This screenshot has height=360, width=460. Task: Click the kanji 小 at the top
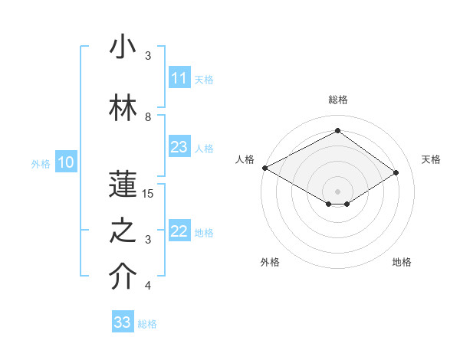pyautogui.click(x=123, y=47)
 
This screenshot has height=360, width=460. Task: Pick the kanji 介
pyautogui.click(x=123, y=278)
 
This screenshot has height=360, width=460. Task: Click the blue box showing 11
pyautogui.click(x=179, y=78)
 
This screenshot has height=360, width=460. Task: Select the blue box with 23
pyautogui.click(x=179, y=147)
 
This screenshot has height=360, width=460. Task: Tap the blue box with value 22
pyautogui.click(x=179, y=232)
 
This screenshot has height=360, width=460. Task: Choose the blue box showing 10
pyautogui.click(x=65, y=162)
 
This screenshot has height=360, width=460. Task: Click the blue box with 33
pyautogui.click(x=123, y=322)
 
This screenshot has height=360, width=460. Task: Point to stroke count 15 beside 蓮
pyautogui.click(x=148, y=194)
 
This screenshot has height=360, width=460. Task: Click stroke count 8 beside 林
pyautogui.click(x=148, y=117)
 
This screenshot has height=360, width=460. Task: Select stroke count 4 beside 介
pyautogui.click(x=148, y=286)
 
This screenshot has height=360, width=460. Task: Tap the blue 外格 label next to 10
pyautogui.click(x=41, y=163)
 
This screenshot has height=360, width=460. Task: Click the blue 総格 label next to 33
pyautogui.click(x=147, y=324)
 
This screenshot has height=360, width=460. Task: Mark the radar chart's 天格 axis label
pyautogui.click(x=432, y=159)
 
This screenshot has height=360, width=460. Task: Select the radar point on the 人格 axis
pyautogui.click(x=264, y=168)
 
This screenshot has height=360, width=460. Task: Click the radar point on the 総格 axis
pyautogui.click(x=337, y=131)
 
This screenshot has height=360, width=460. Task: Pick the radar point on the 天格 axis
pyautogui.click(x=396, y=173)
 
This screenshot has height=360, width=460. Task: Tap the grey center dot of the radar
pyautogui.click(x=337, y=190)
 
